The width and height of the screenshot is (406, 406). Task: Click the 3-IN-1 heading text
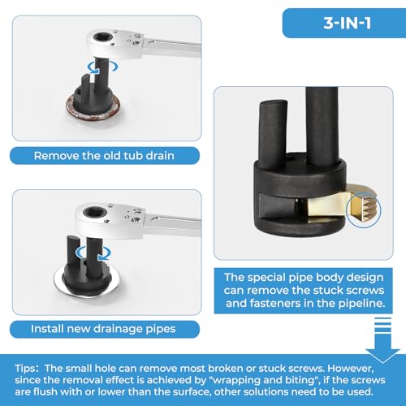pos(347,23)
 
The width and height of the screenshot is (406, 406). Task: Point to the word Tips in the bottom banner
pos(25,369)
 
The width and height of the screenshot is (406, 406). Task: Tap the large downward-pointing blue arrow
pos(382,341)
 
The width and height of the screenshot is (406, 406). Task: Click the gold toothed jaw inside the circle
pos(363,209)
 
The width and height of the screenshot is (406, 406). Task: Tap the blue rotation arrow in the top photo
pos(102,67)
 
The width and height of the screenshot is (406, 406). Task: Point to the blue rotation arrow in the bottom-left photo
pos(93,254)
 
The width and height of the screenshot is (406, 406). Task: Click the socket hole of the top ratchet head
pos(102,37)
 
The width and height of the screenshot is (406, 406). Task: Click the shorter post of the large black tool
pos(272,135)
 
